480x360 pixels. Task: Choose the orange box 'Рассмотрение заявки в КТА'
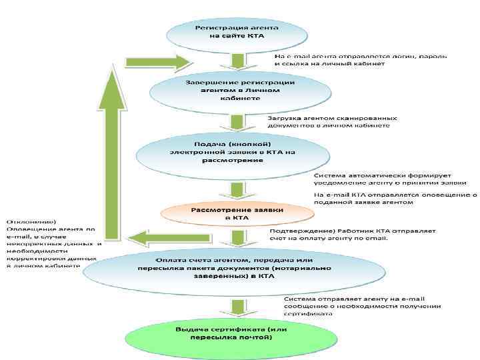pos(237,213)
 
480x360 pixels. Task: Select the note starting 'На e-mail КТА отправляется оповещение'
pos(395,199)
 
